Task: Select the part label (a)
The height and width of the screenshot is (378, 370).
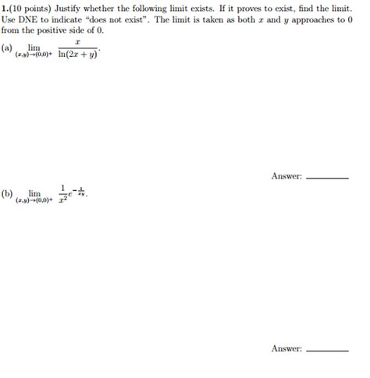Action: pos(7,48)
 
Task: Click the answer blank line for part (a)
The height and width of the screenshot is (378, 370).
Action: pos(328,178)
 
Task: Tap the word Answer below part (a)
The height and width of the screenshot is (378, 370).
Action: pos(286,175)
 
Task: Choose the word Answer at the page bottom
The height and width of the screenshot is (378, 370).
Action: pos(286,348)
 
